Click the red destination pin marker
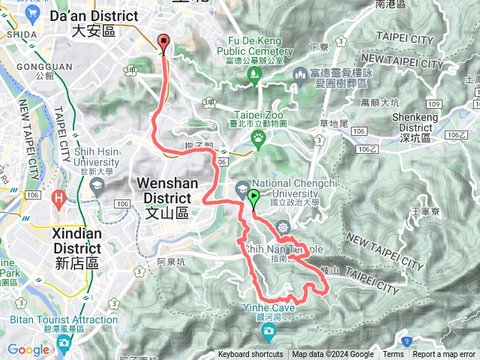point(163,43)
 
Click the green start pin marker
point(253,198)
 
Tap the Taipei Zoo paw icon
point(259,136)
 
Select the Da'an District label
point(94,22)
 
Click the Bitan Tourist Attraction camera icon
point(63,343)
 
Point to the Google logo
point(28,349)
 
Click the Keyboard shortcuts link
point(250,355)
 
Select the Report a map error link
point(444,355)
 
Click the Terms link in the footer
point(393,355)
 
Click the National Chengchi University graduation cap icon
point(242,187)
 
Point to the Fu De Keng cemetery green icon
point(253,73)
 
